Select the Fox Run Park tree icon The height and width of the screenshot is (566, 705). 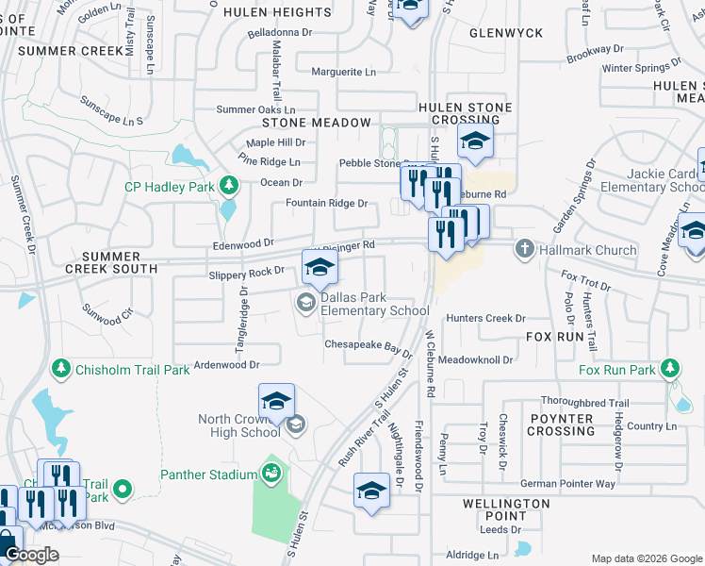(x=670, y=370)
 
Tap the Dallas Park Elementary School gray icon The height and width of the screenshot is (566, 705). (x=305, y=303)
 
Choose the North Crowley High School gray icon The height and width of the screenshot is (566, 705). (x=295, y=424)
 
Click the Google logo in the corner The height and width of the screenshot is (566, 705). (x=31, y=555)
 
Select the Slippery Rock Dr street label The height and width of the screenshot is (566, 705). (x=246, y=272)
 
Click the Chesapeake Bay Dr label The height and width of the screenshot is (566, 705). (x=369, y=346)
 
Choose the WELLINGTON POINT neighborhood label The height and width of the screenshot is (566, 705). (x=506, y=509)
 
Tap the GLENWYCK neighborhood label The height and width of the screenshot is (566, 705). (x=506, y=33)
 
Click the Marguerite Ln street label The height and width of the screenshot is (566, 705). (x=343, y=72)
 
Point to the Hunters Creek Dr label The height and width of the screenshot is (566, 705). (x=485, y=319)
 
